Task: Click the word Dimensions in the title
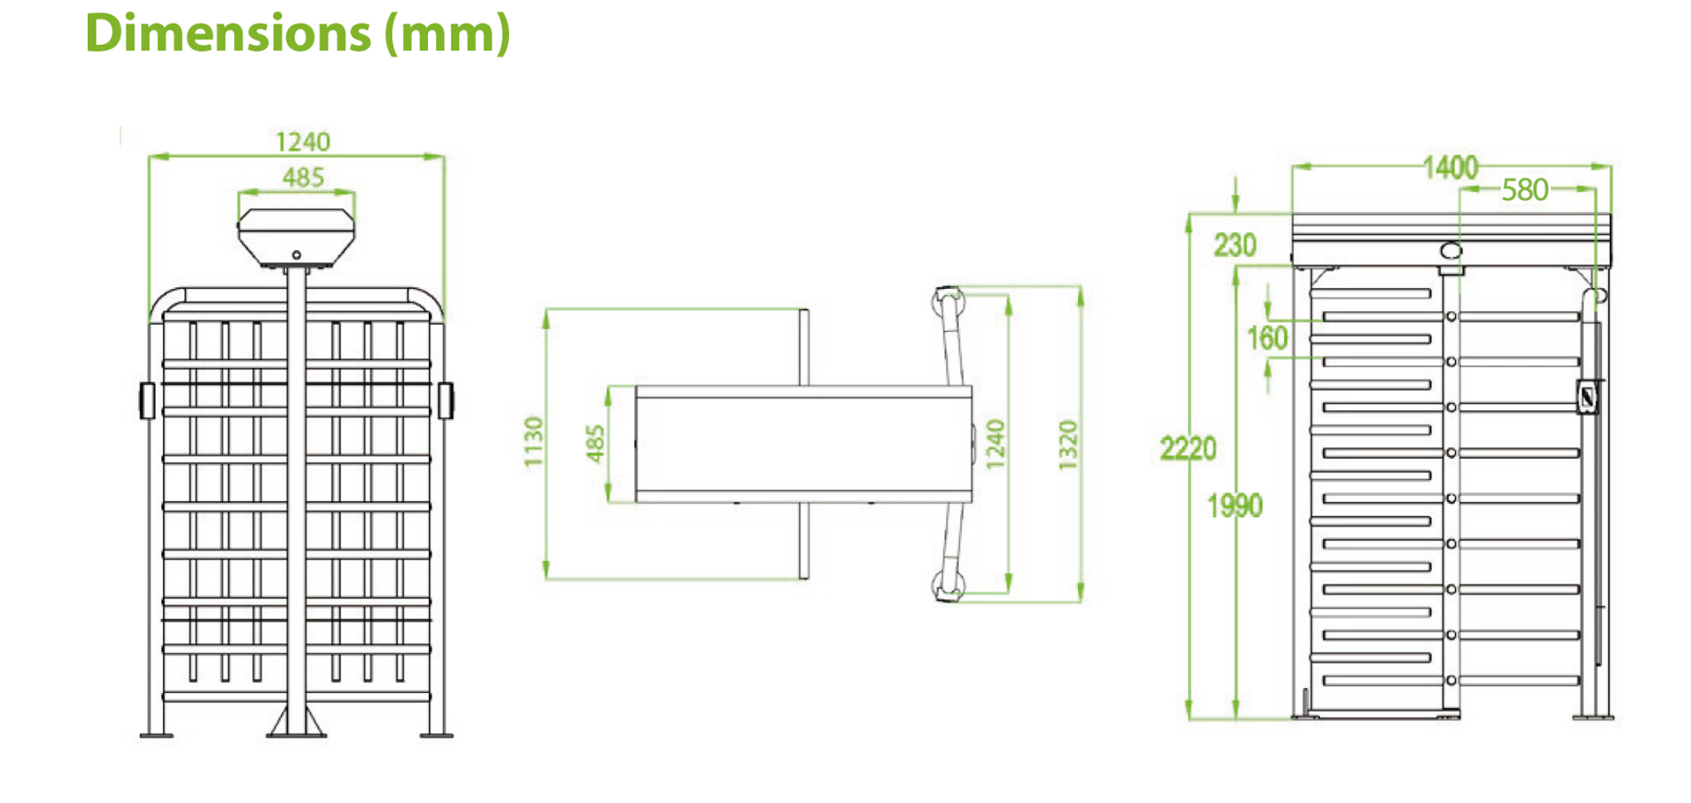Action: (x=228, y=34)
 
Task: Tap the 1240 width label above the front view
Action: (x=303, y=141)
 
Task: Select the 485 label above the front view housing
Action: (x=303, y=178)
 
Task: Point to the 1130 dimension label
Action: (x=534, y=441)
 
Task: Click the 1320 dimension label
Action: (x=1069, y=445)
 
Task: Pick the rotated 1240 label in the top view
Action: (x=996, y=445)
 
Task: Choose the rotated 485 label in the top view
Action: (x=596, y=444)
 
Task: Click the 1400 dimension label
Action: (x=1451, y=167)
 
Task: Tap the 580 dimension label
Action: (x=1525, y=190)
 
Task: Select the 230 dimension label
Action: (x=1235, y=245)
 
